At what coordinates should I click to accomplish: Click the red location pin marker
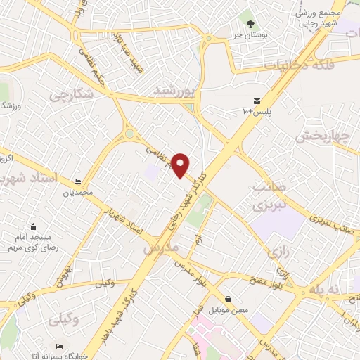181,166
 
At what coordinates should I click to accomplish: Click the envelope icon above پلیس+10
257,101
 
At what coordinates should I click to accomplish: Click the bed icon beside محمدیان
77,182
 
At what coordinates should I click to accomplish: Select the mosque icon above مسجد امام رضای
32,226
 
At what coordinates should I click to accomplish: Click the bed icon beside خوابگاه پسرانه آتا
60,346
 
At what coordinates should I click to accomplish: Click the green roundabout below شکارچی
129,134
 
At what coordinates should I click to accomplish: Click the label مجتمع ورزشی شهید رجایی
321,19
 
